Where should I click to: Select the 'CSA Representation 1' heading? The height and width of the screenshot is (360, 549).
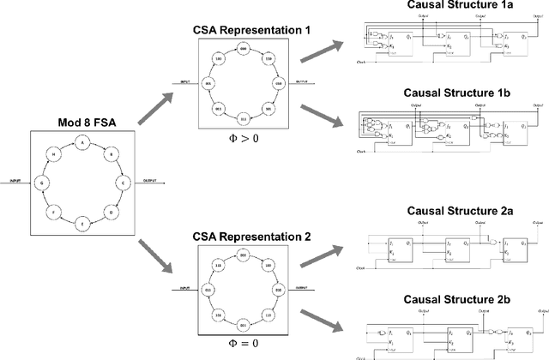(243, 31)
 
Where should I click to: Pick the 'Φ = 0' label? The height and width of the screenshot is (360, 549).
(243, 343)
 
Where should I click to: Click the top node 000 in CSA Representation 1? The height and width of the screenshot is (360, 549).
(243, 51)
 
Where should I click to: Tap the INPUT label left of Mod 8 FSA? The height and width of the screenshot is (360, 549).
(15, 181)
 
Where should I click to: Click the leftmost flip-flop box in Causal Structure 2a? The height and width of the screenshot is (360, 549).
(401, 247)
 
